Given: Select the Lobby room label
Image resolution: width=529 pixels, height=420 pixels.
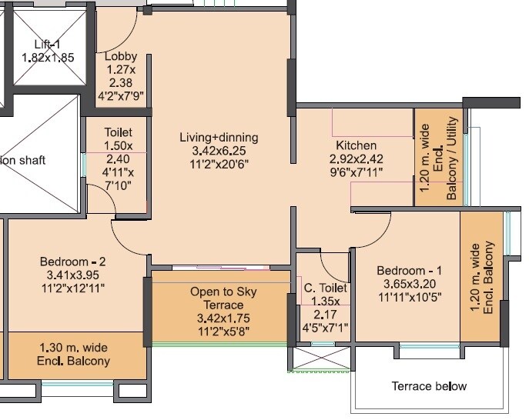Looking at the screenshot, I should tap(121, 56).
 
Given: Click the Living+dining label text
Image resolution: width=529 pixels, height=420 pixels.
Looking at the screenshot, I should tap(219, 138).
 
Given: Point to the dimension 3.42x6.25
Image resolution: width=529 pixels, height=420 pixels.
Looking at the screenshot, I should tap(219, 151).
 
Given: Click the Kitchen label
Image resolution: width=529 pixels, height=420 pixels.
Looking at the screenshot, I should tap(356, 145).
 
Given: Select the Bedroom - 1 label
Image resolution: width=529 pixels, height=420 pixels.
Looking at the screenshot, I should tap(410, 271).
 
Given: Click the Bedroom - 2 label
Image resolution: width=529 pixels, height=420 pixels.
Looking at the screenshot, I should tap(72, 262).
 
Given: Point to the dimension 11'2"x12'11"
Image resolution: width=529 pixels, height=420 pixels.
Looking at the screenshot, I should tap(72, 288).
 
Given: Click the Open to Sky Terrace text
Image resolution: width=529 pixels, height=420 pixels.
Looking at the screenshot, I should tap(223, 299).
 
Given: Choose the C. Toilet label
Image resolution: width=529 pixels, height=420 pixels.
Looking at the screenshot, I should tap(325, 288).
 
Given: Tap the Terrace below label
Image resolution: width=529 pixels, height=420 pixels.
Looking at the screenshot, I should tap(429, 386).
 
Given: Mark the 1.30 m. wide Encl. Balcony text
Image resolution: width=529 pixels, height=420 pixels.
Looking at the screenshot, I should tap(74, 355).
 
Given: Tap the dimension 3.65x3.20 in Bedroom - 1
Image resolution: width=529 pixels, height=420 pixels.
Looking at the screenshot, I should tap(410, 284).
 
